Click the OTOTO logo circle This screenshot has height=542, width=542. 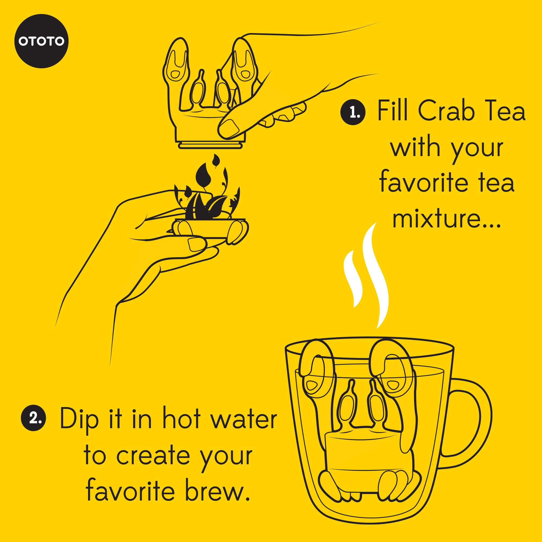[41, 41]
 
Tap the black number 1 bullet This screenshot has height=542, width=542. [353, 112]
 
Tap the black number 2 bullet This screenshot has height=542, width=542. [34, 418]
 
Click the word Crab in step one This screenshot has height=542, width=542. [446, 111]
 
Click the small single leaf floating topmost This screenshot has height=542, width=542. [216, 161]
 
